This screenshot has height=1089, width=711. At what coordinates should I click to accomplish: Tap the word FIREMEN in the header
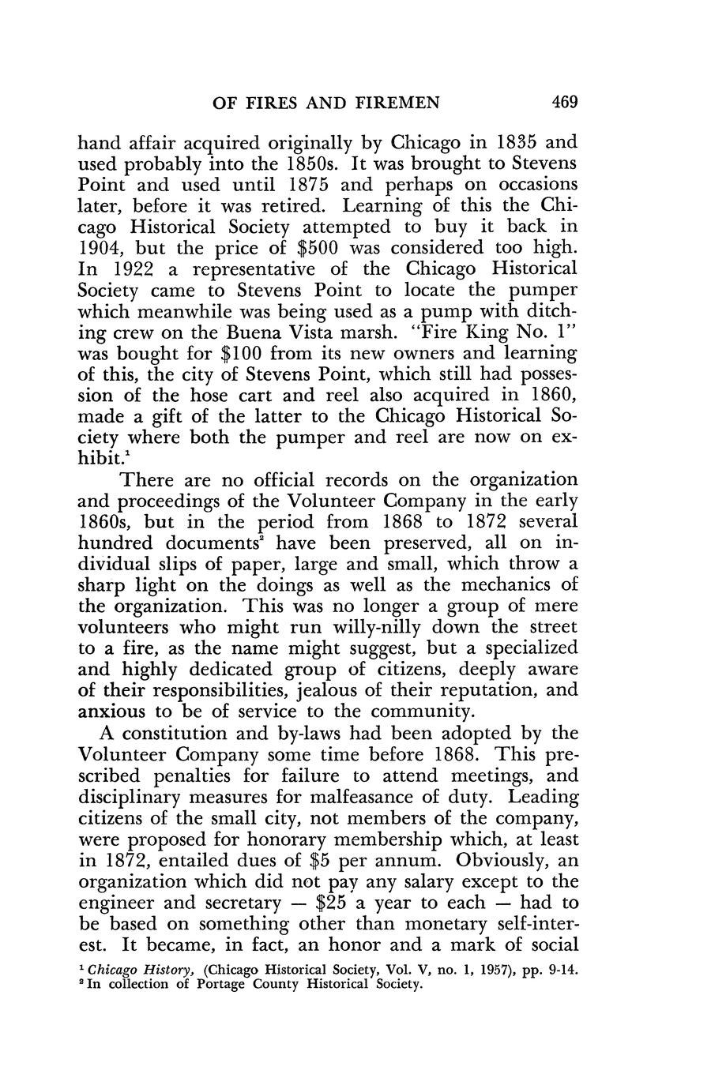pyautogui.click(x=389, y=102)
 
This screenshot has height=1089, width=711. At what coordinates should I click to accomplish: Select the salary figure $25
pyautogui.click(x=335, y=903)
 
